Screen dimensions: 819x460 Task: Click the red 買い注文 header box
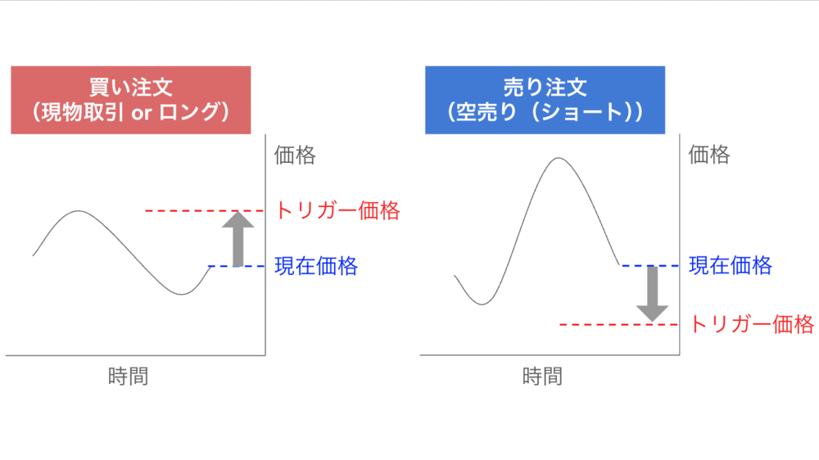(130, 100)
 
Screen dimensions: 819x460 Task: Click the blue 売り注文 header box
(545, 100)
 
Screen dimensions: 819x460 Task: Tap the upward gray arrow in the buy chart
(238, 239)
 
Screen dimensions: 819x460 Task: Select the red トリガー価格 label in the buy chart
(337, 210)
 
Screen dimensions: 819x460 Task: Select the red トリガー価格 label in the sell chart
(752, 324)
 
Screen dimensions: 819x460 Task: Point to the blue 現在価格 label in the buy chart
(316, 266)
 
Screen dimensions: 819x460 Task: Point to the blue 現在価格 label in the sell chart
(731, 265)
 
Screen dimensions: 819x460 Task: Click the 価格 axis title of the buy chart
(295, 155)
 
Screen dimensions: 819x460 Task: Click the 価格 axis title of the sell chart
(709, 155)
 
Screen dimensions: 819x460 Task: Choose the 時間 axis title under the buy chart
(129, 376)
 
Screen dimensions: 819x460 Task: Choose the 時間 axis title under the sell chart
(543, 376)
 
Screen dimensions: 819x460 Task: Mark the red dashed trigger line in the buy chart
(204, 211)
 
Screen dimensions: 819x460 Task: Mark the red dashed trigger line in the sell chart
(618, 325)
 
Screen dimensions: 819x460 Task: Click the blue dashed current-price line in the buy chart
(237, 266)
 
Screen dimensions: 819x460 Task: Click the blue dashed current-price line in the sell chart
(649, 266)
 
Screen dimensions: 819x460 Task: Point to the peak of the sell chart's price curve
(559, 158)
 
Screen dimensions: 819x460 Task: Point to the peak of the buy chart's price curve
(79, 211)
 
